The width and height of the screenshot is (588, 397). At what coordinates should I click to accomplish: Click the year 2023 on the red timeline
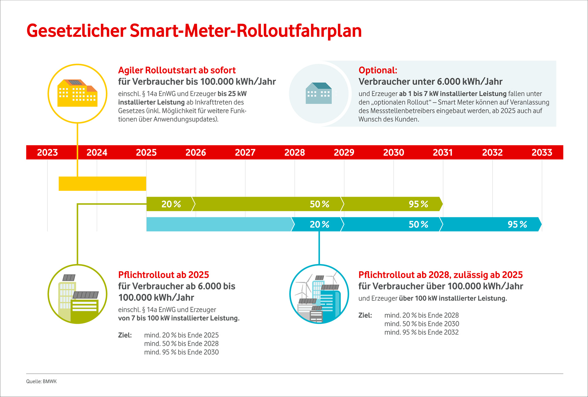(x=47, y=153)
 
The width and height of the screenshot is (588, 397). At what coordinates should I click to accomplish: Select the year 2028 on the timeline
(x=295, y=153)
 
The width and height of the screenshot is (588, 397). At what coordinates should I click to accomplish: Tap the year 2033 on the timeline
(x=542, y=153)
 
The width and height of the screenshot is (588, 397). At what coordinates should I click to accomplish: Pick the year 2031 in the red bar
(x=443, y=153)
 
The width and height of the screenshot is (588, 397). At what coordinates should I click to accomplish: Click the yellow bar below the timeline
(x=102, y=184)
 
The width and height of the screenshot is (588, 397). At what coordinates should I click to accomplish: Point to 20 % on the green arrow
(x=171, y=204)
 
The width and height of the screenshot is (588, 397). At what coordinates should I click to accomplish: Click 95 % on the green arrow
(x=418, y=204)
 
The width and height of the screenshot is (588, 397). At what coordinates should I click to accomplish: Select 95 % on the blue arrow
(x=517, y=225)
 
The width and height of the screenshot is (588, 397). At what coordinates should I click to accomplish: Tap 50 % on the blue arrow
(x=418, y=225)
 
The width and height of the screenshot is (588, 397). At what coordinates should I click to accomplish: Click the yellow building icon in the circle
(x=77, y=93)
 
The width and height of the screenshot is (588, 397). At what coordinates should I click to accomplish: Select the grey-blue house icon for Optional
(x=319, y=93)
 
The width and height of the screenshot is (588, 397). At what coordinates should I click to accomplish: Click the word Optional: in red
(x=378, y=70)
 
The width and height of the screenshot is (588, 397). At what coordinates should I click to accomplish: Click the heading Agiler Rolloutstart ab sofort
(x=177, y=70)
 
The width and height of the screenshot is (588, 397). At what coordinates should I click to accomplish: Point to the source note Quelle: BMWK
(x=41, y=382)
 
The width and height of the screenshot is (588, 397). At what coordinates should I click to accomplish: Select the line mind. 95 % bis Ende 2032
(x=421, y=332)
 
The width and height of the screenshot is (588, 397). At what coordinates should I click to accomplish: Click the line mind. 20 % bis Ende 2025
(x=181, y=335)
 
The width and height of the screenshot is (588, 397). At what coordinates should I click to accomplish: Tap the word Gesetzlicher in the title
(x=76, y=31)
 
